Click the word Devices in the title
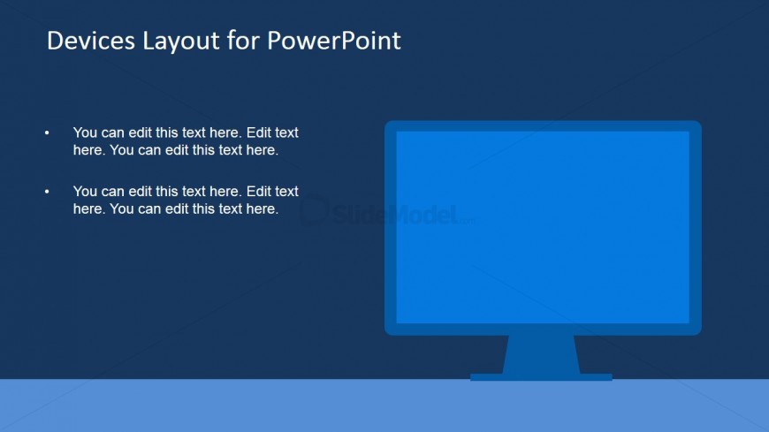[91, 41]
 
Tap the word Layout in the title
[181, 42]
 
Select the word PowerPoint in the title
[334, 42]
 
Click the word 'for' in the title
[243, 41]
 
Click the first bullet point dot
[47, 133]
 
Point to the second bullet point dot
[47, 192]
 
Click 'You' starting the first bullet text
[85, 133]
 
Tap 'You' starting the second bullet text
[85, 191]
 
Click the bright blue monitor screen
[543, 227]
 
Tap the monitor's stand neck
[542, 354]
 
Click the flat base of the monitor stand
[541, 377]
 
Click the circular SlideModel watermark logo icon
[314, 210]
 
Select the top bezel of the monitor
[543, 126]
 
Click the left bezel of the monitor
[391, 228]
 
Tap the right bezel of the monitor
[695, 228]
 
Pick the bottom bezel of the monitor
[543, 329]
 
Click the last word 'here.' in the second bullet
[263, 208]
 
